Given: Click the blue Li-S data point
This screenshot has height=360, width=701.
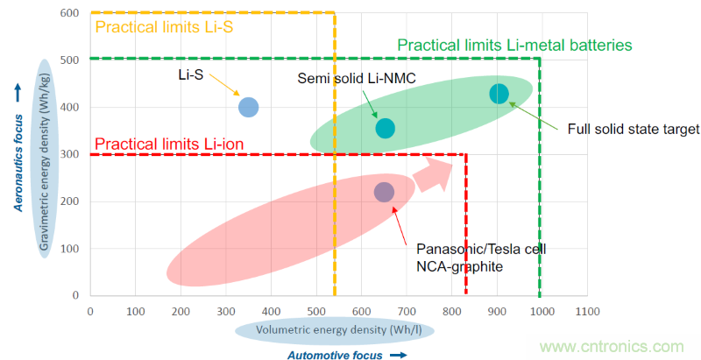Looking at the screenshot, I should click(248, 107).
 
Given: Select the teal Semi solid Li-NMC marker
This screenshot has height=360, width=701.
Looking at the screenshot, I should click(385, 128).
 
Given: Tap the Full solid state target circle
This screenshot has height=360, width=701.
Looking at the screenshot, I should click(499, 95).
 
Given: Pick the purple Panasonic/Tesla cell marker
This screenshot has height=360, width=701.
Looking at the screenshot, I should click(384, 192).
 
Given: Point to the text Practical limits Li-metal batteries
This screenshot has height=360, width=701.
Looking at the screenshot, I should click(514, 45).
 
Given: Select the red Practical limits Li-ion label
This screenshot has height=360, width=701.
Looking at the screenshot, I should click(169, 144).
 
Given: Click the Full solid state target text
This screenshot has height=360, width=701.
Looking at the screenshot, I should click(634, 129).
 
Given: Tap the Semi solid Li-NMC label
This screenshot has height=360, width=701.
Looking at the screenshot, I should click(357, 80).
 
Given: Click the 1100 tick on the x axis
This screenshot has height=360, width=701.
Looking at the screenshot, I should click(586, 312).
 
